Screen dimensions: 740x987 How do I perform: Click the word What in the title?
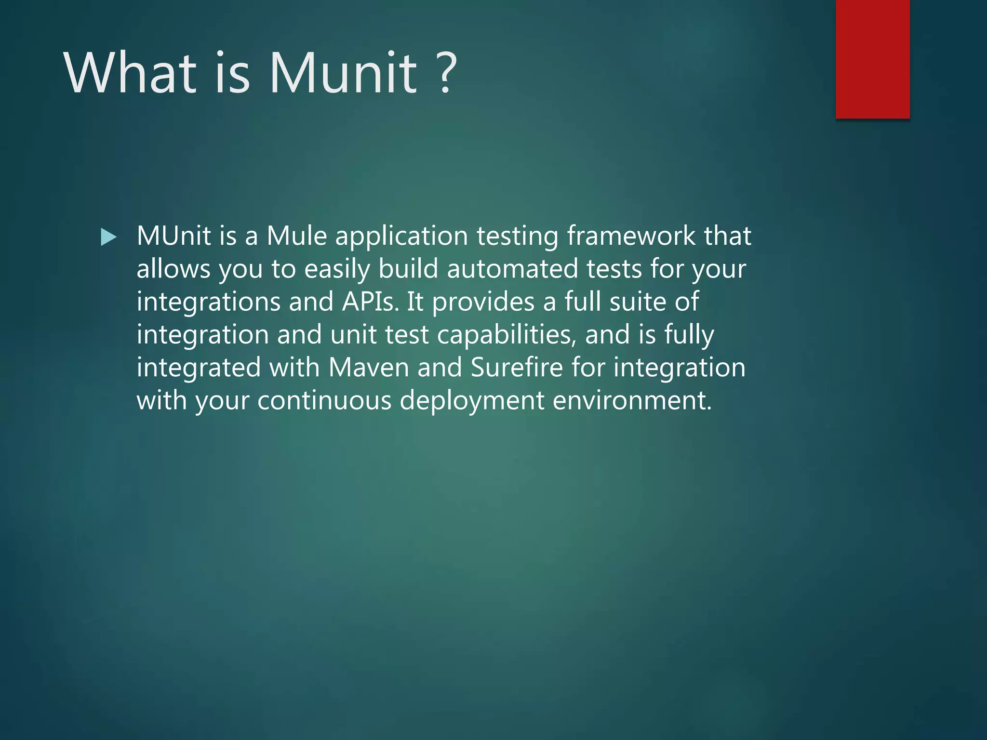point(130,73)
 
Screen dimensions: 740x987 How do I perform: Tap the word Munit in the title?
point(343,73)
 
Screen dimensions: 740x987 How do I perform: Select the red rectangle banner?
point(872,59)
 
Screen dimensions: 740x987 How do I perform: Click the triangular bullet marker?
point(108,237)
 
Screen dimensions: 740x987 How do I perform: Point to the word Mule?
point(297,236)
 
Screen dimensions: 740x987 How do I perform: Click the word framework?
point(631,236)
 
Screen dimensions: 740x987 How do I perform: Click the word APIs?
point(370,302)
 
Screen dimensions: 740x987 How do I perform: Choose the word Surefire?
point(517,368)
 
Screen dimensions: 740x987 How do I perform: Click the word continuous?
point(324,400)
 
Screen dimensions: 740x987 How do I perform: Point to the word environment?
point(632,400)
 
